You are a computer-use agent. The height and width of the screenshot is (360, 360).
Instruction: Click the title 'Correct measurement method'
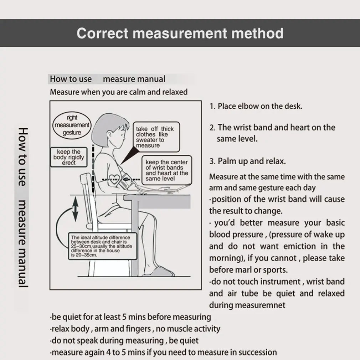coord(180,33)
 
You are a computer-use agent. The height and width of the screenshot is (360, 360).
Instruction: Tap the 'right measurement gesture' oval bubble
coord(72,125)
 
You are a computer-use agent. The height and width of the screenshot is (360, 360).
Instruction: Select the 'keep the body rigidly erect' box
coord(69,157)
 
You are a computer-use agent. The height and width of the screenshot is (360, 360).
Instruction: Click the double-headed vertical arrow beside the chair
coord(75,210)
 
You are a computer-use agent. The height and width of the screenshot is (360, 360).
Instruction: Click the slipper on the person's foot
coord(161,272)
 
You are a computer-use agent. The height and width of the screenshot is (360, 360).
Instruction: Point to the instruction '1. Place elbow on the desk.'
coord(256,106)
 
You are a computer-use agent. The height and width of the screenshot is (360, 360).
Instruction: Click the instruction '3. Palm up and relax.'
coord(247,161)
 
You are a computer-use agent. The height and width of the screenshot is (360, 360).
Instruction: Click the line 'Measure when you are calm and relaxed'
coord(119,92)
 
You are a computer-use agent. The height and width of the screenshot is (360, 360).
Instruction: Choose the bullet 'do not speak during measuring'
coord(124,340)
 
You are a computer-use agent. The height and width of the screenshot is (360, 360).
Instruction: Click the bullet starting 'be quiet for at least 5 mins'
coord(130,317)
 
